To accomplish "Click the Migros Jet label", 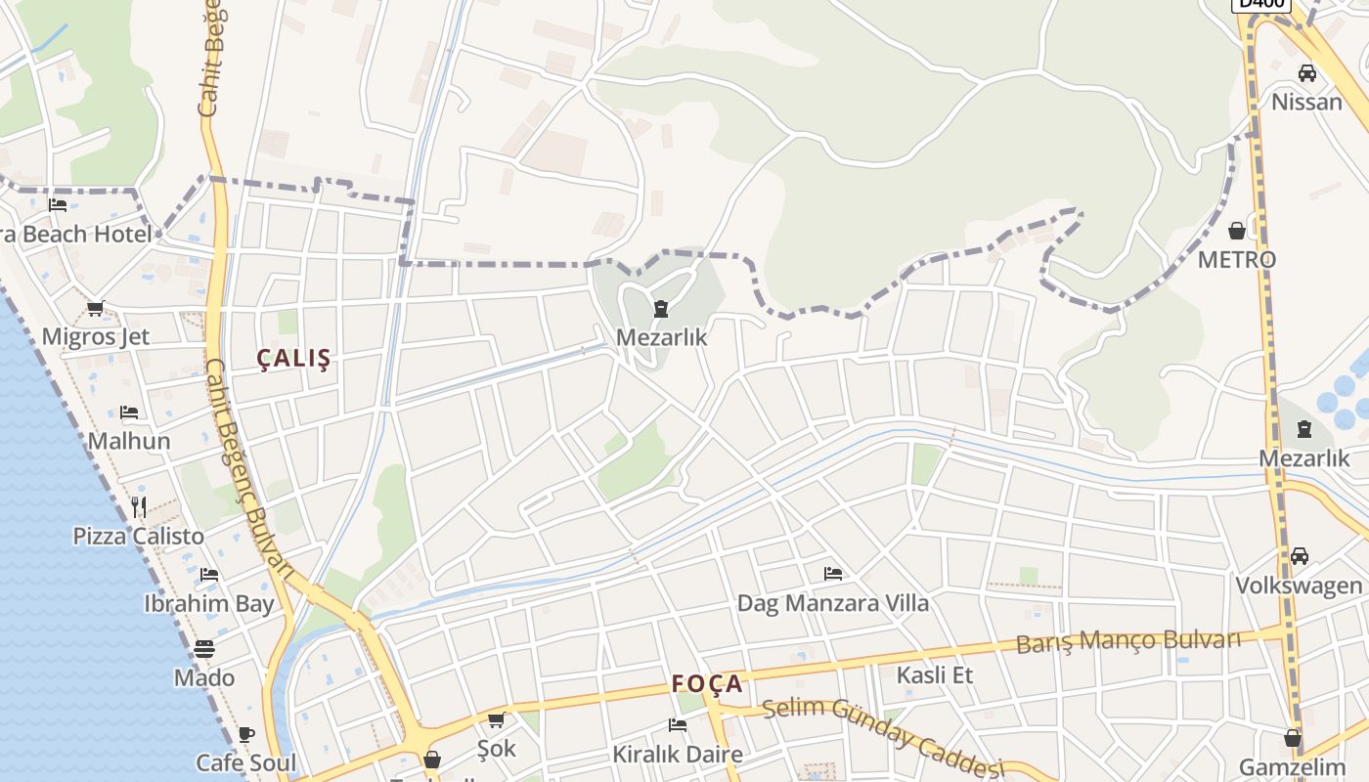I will (96, 337).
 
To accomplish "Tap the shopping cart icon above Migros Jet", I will (95, 309).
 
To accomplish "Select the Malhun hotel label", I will (129, 441).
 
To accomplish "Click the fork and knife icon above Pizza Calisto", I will (138, 506).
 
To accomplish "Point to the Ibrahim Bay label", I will (209, 603).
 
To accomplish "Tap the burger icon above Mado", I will (204, 649).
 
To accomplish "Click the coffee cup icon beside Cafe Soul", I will (246, 734).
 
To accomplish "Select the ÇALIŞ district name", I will (294, 359).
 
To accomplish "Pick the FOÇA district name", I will (708, 684).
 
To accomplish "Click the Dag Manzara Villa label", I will (833, 602).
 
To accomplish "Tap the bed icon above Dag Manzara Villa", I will (833, 574).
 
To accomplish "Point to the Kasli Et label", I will (935, 674).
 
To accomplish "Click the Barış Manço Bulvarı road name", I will (1128, 642).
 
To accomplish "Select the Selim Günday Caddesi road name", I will (883, 735).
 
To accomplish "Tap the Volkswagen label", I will (1299, 586).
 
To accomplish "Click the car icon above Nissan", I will (1307, 73).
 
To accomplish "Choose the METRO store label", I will (1237, 259).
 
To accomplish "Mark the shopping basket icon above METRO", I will (1237, 231).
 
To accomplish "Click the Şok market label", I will (496, 748).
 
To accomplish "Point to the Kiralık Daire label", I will (678, 755).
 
